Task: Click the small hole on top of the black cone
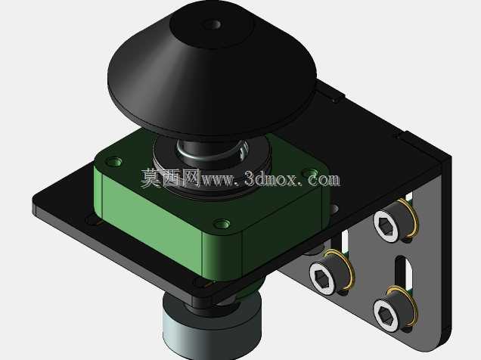pyautogui.click(x=213, y=24)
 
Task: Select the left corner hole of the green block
pyautogui.click(x=114, y=161)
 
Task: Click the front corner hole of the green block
pyautogui.click(x=222, y=224)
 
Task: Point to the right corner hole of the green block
pyautogui.click(x=310, y=173)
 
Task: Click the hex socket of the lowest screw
pyautogui.click(x=384, y=315)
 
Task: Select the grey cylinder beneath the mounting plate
pyautogui.click(x=212, y=328)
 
